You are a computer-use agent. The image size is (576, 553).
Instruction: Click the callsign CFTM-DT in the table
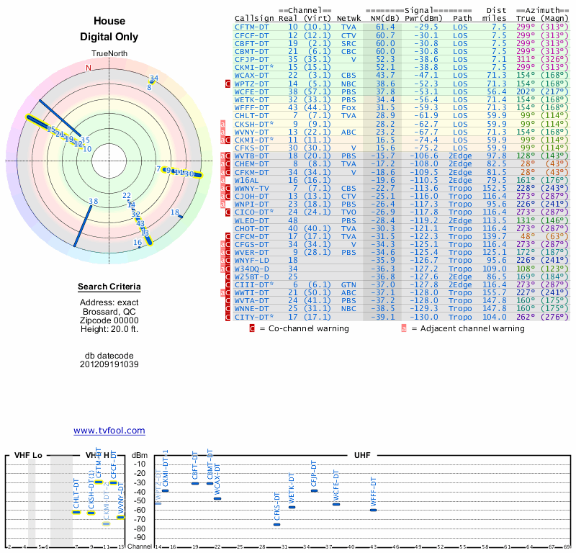pos(252,27)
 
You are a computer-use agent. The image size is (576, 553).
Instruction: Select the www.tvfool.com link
pos(109,431)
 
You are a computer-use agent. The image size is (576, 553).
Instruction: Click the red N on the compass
pos(89,68)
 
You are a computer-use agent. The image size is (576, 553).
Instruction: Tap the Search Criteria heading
pos(109,287)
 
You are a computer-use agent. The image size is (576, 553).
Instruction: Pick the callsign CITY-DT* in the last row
pos(254,317)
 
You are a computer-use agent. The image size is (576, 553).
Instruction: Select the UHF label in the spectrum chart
pos(362,456)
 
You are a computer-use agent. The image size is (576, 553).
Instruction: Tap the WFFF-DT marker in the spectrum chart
pos(373,510)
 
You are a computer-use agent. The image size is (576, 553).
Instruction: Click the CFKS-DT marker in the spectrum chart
pos(277,524)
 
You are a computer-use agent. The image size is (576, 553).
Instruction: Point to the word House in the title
pos(109,22)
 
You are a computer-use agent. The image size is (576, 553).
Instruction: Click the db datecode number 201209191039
pos(109,364)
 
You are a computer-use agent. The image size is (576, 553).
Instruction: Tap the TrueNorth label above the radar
pos(109,55)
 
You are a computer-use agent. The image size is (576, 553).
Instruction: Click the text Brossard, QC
pos(109,311)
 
